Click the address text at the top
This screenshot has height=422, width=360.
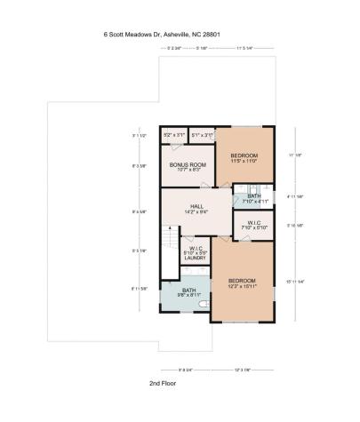coord(161,36)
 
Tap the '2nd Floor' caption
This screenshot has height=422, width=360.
coord(165,383)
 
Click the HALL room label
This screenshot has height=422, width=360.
coord(196,207)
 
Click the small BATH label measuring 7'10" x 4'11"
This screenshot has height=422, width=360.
coord(254,198)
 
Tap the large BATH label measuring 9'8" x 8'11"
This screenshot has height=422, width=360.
coord(188,292)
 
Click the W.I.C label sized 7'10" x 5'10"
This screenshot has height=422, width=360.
coord(253,225)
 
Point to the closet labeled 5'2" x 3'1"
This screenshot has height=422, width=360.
coord(174,135)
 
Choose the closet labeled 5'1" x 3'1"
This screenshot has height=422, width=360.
coord(203,135)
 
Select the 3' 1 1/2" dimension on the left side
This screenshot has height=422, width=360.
coord(137,135)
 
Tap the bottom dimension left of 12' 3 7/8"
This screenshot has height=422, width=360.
coord(187,369)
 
